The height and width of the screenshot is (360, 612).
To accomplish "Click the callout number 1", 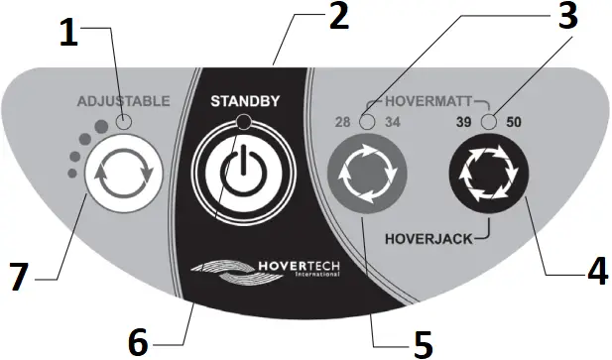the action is tap(66, 34).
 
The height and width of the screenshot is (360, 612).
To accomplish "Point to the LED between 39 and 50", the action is tap(487, 122).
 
